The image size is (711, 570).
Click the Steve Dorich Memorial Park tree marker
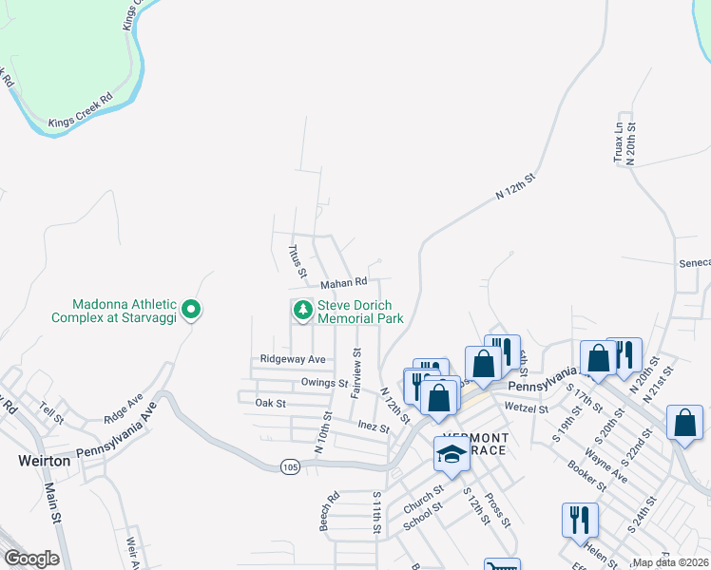coord(302,310)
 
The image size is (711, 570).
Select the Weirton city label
coord(45,460)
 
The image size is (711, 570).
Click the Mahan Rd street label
coord(343,282)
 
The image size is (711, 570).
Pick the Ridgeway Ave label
coord(293,359)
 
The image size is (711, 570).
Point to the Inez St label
coord(374,428)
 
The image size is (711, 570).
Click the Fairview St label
coord(357,371)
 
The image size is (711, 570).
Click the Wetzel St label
coord(528,408)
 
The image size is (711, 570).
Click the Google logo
coord(31,559)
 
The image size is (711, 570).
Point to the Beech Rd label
coord(329,510)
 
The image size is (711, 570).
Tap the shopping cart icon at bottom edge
coord(502,565)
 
